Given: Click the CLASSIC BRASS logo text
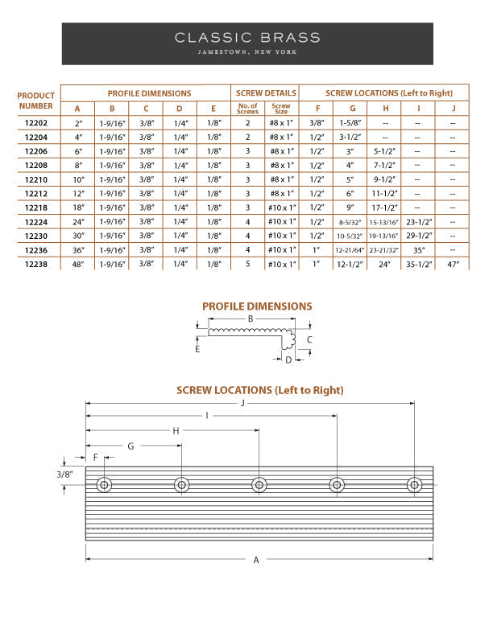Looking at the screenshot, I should click(247, 38).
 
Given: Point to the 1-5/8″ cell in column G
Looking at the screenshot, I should click(352, 123).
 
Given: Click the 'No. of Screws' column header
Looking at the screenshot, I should click(247, 109).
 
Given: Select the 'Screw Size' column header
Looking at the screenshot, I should click(281, 109).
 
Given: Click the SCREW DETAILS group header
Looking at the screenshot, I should click(265, 93).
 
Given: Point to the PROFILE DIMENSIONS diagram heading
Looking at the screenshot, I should click(257, 306).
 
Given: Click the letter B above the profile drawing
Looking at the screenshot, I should click(251, 319).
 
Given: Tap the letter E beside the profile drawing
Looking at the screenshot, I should click(197, 349).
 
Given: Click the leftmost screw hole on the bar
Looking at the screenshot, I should click(103, 485).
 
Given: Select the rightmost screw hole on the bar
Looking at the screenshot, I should click(414, 485).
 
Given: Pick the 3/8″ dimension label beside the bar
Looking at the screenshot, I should click(65, 475).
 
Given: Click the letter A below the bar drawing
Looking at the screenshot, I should click(256, 560).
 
